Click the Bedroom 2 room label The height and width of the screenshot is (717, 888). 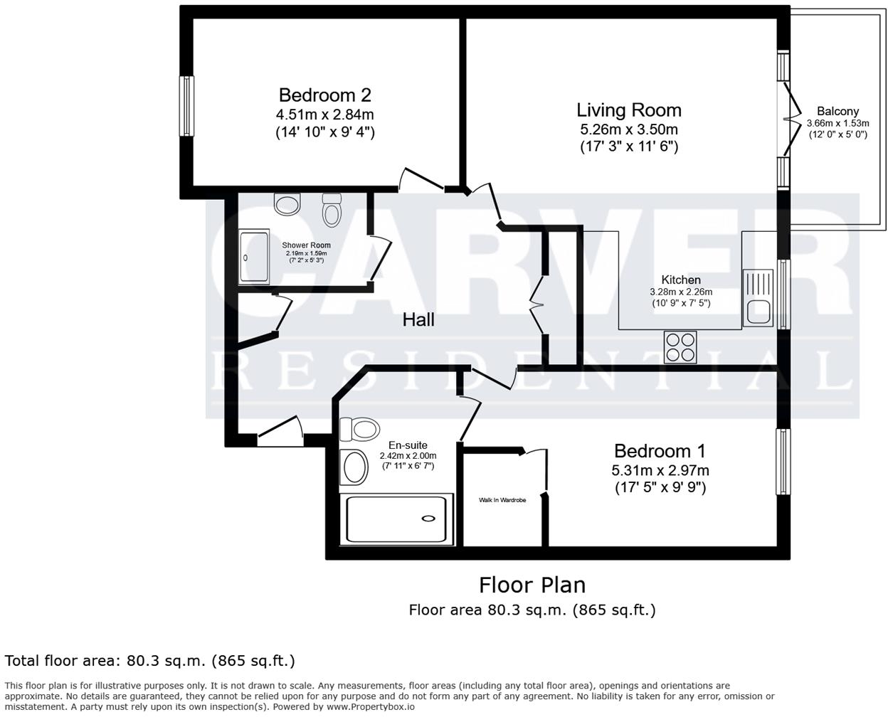[324, 95]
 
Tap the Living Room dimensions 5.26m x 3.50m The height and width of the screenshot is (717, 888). [628, 129]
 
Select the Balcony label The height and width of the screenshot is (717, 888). [837, 111]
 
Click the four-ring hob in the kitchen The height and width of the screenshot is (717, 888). [680, 347]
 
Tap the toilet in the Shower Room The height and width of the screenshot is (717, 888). [331, 210]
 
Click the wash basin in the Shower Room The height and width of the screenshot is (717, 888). [287, 205]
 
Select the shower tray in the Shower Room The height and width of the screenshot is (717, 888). [254, 257]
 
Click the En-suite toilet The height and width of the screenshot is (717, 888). [359, 430]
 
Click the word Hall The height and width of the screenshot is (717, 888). [418, 320]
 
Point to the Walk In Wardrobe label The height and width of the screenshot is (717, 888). [502, 501]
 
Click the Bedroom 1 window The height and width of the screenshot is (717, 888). [783, 462]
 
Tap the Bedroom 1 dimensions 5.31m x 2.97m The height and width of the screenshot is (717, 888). [660, 470]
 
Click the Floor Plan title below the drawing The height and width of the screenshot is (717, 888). [532, 585]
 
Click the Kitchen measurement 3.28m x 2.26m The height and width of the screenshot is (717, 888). [681, 292]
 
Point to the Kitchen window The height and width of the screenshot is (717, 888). [783, 294]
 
